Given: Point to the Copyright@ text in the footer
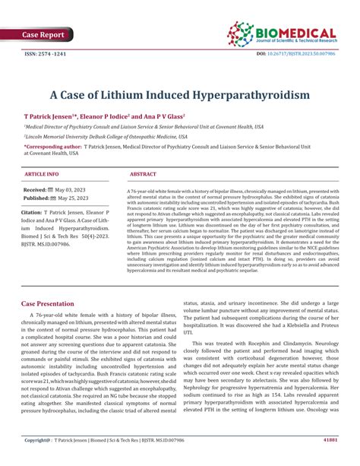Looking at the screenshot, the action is pyautogui.click(x=36, y=460).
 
